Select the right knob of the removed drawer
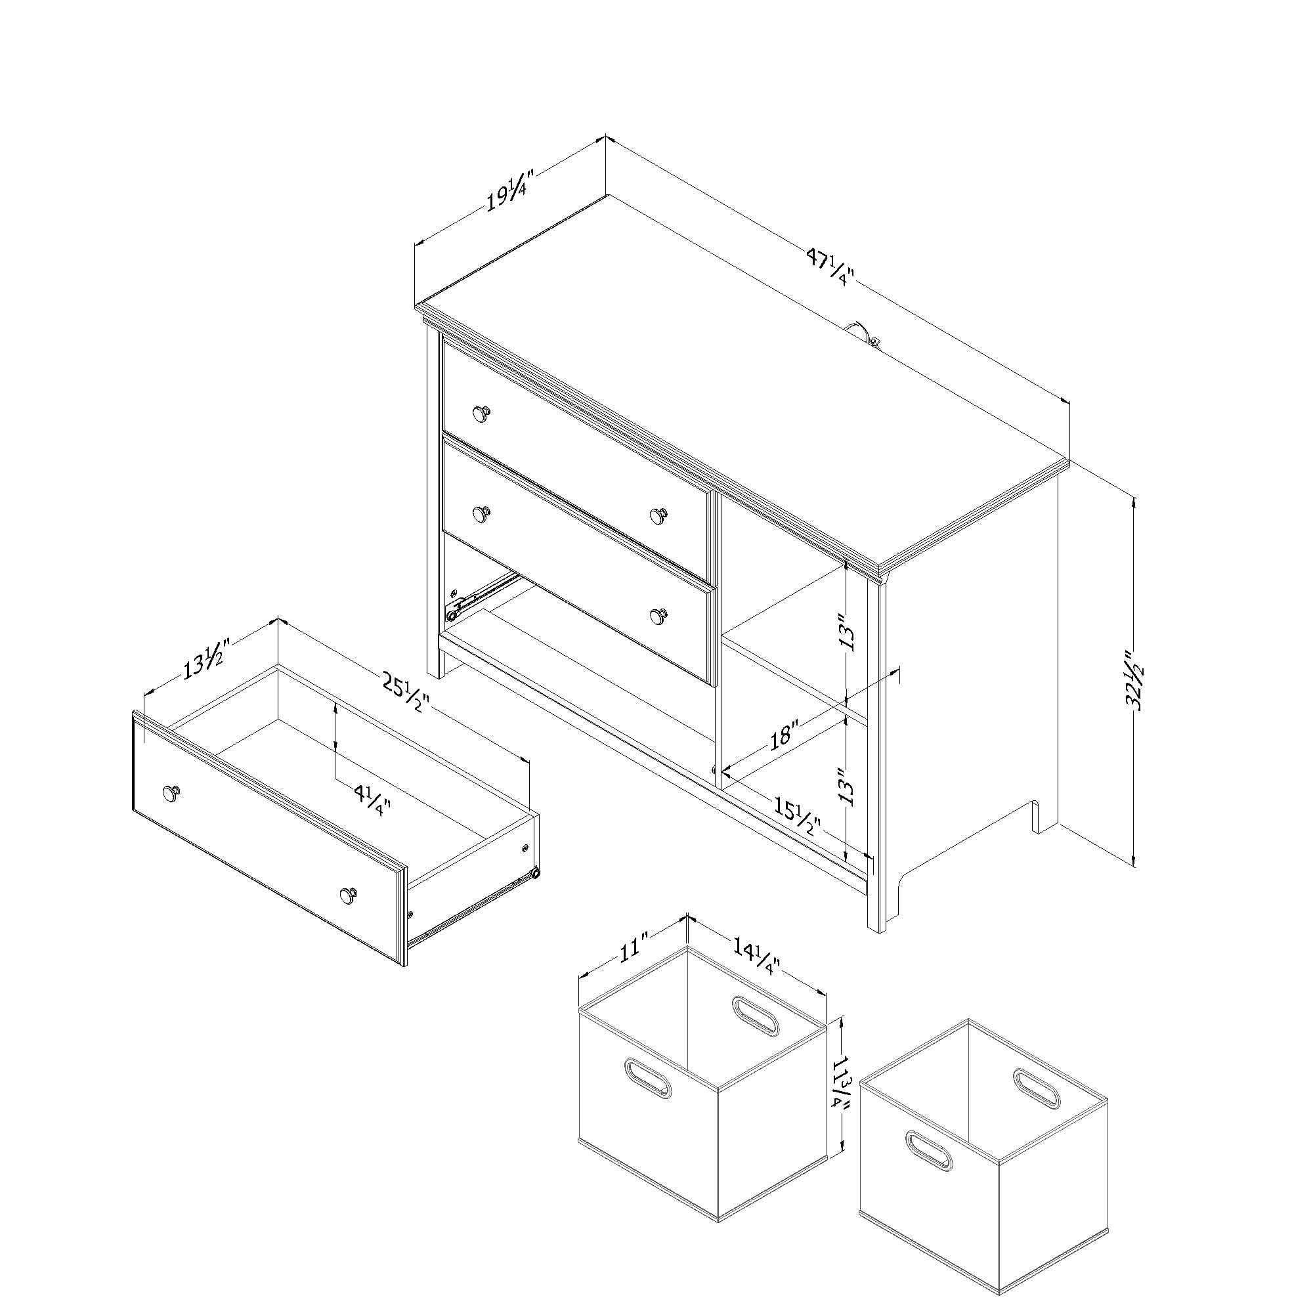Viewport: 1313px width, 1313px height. [x=349, y=894]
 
